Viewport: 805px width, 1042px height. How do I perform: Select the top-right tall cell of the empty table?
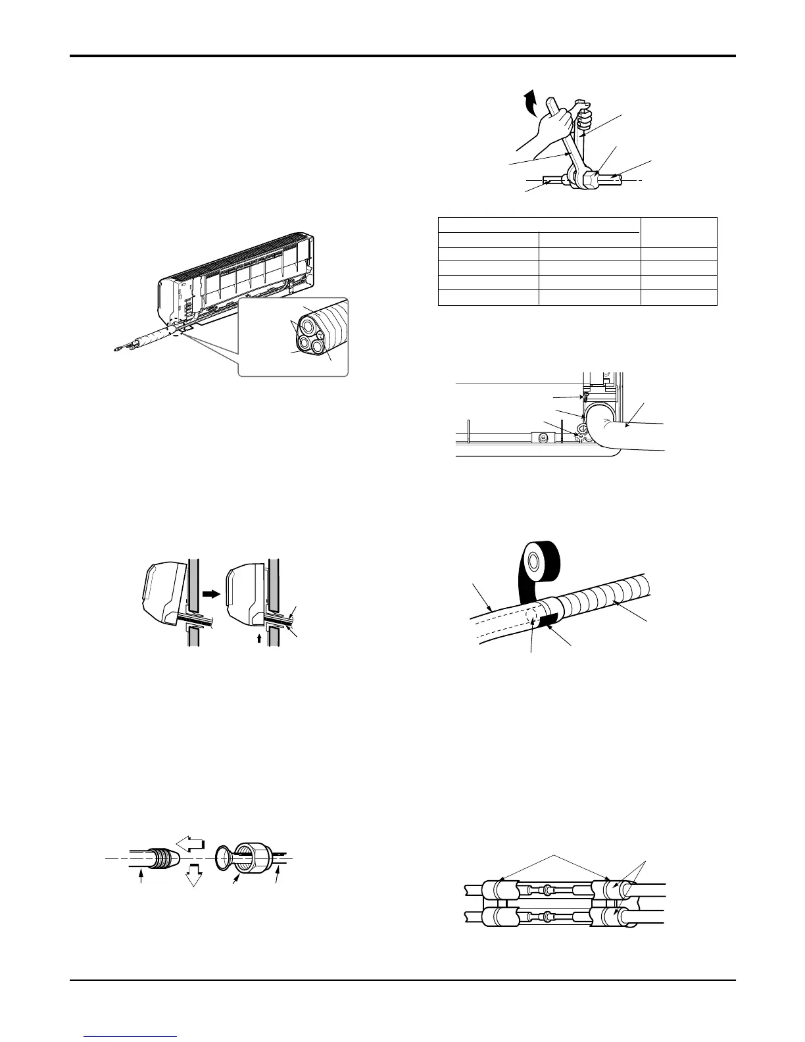(x=679, y=232)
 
